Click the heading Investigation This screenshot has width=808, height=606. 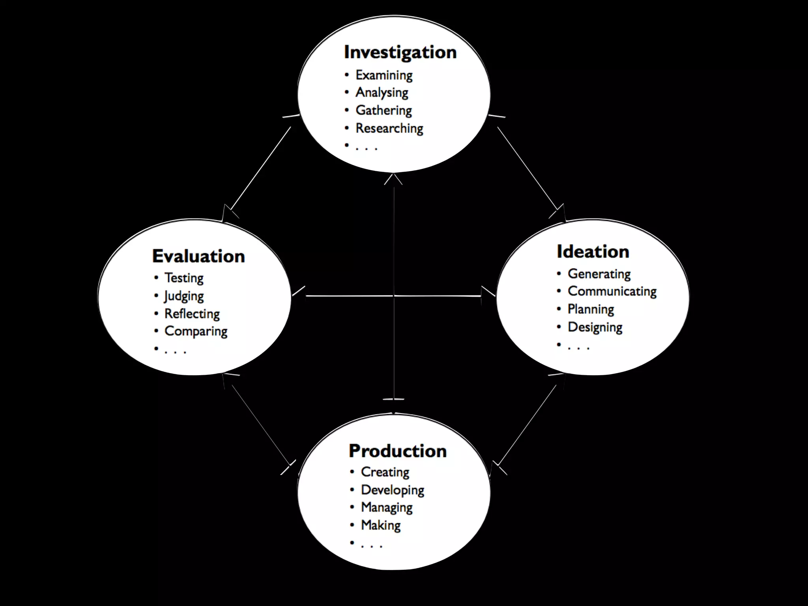coord(400,52)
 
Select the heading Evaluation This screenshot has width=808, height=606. coord(198,256)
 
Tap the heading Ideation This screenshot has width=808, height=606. coord(593,252)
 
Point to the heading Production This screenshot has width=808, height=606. coord(397,451)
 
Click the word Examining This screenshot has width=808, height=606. coord(384,75)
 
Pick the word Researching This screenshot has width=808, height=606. coord(389,128)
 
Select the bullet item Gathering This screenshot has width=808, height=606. coord(383,110)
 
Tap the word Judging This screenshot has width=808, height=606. coord(184,296)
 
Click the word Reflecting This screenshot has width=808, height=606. coord(192,314)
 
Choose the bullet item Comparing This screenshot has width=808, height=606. coord(196,331)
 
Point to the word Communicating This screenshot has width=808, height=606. coord(612,292)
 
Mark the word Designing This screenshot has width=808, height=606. coord(595,327)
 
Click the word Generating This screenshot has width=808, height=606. coord(599,274)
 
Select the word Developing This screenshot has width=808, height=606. coord(392,490)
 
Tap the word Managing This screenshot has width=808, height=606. coord(387,507)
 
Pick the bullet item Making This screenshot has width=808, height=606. coord(381,526)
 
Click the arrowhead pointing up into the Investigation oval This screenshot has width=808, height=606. coord(393,179)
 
